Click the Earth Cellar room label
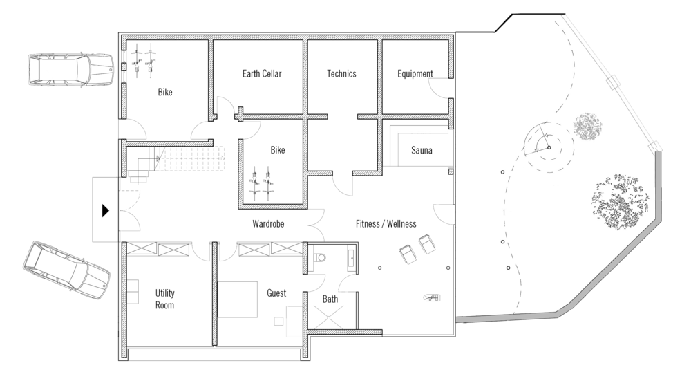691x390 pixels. [x=262, y=74]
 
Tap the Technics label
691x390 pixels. [x=341, y=74]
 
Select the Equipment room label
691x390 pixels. [x=415, y=74]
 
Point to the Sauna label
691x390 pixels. [x=422, y=150]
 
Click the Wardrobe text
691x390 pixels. [x=268, y=223]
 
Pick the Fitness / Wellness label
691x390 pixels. [x=386, y=223]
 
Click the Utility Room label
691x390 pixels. [x=165, y=299]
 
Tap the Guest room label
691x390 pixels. [x=276, y=293]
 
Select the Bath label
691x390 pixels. [x=330, y=299]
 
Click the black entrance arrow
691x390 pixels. [x=105, y=210]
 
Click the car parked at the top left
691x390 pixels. [x=71, y=69]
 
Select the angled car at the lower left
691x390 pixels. [x=66, y=270]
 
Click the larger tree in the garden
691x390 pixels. [x=621, y=201]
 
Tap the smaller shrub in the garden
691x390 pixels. [x=588, y=127]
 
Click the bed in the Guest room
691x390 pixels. [x=237, y=299]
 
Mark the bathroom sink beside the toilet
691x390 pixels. [x=351, y=259]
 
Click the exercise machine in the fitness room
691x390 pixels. [x=431, y=298]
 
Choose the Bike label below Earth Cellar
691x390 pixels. [x=278, y=150]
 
